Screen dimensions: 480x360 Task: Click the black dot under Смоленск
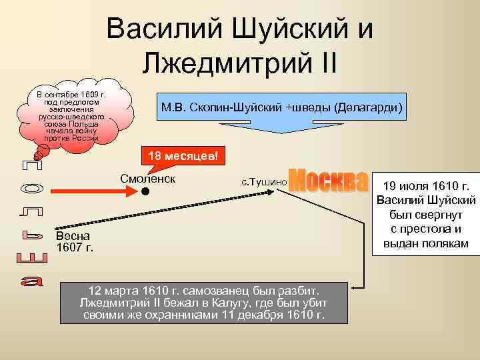143,193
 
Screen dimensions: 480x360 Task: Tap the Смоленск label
147,178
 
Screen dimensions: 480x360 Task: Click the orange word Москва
329,177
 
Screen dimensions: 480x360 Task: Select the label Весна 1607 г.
74,242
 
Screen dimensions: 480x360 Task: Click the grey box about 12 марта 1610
204,303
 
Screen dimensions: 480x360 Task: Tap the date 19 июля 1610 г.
426,185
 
